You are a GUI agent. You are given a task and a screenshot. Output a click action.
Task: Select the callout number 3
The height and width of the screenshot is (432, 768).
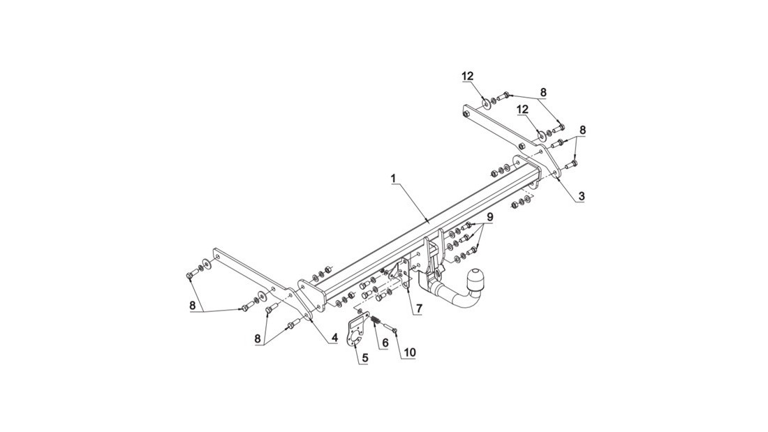(x=582, y=196)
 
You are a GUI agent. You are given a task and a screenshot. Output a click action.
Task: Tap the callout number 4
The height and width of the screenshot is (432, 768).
(x=334, y=338)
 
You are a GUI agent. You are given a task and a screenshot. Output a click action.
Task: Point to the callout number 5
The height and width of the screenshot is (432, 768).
(x=365, y=358)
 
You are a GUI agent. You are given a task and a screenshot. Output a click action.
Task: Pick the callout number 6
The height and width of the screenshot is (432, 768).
(x=385, y=343)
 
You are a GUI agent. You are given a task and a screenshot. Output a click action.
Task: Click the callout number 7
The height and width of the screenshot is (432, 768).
(x=420, y=309)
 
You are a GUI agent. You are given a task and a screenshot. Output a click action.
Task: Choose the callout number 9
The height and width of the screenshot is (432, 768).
(x=490, y=216)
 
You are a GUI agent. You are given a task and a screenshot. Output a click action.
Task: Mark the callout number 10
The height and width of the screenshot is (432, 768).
(x=409, y=352)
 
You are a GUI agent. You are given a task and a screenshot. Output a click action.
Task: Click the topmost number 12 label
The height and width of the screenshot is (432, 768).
(x=467, y=76)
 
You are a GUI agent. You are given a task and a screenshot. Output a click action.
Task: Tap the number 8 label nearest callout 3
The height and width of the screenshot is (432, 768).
(x=583, y=131)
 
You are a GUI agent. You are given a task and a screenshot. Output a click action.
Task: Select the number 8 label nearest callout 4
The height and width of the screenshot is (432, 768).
(x=258, y=338)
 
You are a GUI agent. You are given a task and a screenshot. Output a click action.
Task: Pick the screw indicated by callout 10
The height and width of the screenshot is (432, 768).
(x=390, y=329)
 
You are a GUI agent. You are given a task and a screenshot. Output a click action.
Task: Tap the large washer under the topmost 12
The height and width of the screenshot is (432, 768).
(x=485, y=104)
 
